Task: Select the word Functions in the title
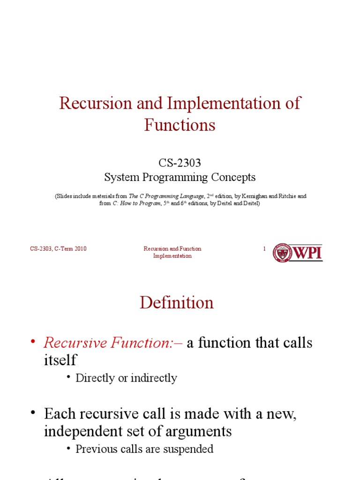click(x=180, y=125)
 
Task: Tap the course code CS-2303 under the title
click(x=180, y=163)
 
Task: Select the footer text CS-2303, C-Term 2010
click(x=58, y=249)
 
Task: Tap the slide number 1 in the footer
click(x=264, y=249)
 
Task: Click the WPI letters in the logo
click(x=307, y=253)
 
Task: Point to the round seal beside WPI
click(x=283, y=253)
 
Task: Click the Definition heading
click(x=177, y=303)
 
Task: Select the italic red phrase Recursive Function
click(x=111, y=343)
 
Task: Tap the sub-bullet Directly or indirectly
click(x=126, y=378)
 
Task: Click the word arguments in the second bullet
click(x=197, y=431)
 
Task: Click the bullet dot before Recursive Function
click(x=33, y=342)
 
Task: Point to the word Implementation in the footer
click(x=172, y=256)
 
